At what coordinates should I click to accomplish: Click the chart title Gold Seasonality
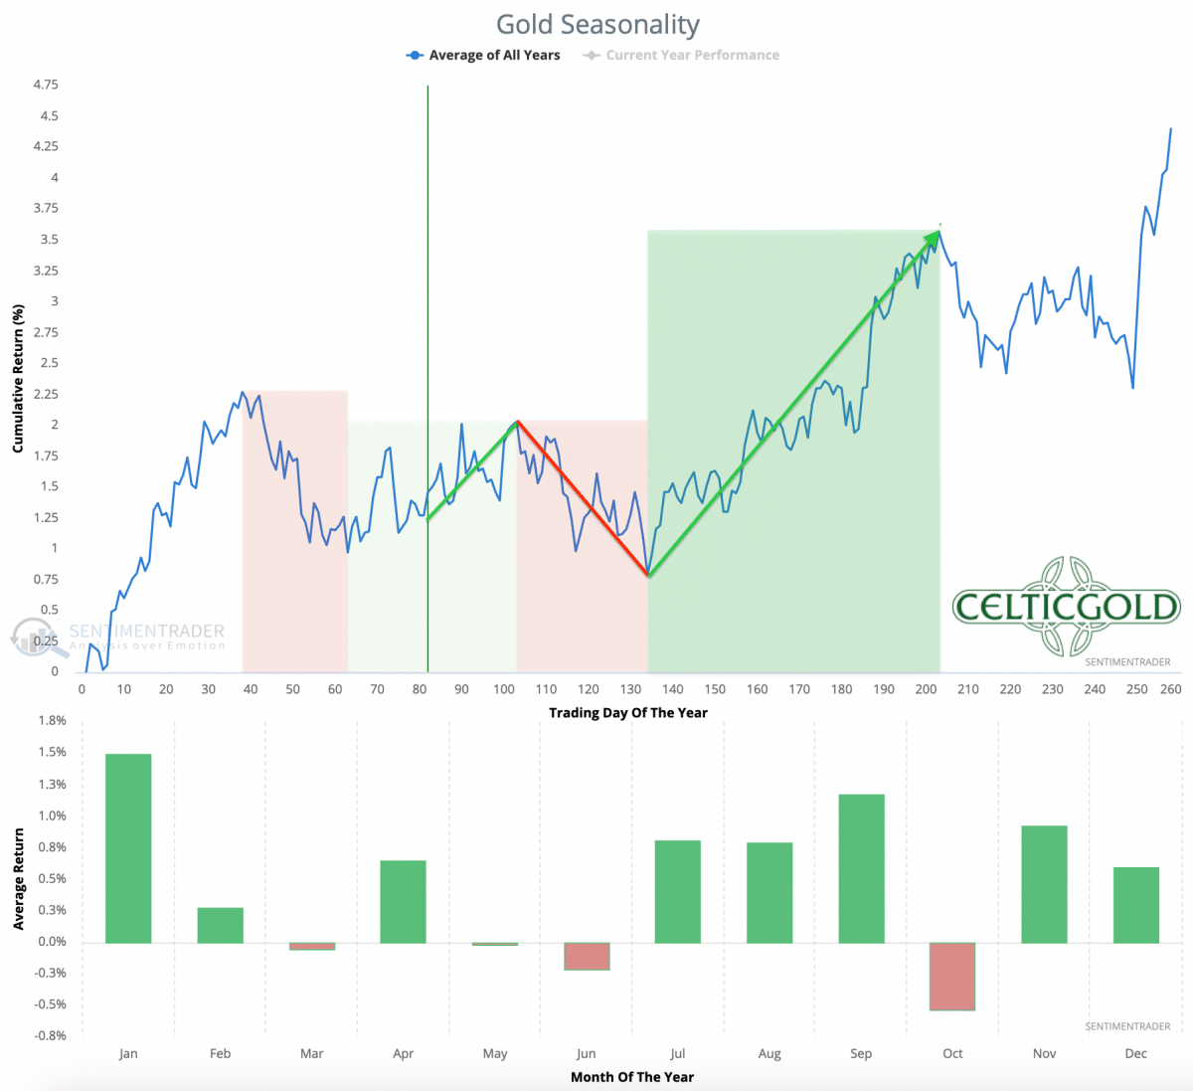click(x=597, y=24)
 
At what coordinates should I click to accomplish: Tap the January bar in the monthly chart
click(x=128, y=848)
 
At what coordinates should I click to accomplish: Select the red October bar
click(x=952, y=976)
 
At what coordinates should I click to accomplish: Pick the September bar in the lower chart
click(x=861, y=868)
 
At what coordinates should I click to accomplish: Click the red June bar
click(x=587, y=956)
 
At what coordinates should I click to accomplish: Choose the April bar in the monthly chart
click(x=403, y=901)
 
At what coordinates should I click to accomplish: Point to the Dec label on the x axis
click(x=1135, y=1053)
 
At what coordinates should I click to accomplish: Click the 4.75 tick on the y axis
click(x=46, y=85)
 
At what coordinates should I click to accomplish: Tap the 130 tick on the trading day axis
click(x=630, y=689)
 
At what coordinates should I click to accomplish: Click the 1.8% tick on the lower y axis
click(x=53, y=720)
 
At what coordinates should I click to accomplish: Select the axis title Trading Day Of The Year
click(x=628, y=712)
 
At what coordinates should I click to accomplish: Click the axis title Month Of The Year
click(x=632, y=1077)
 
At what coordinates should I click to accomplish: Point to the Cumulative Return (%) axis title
click(x=18, y=379)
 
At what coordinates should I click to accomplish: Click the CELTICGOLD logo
click(x=1066, y=607)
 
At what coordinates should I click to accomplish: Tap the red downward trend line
click(x=583, y=498)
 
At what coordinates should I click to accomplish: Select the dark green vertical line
click(x=427, y=298)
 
